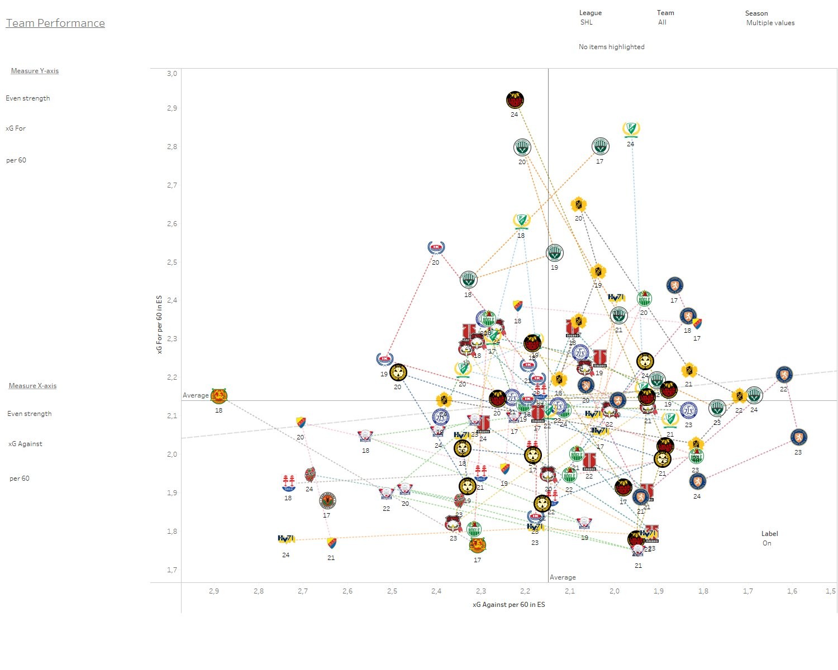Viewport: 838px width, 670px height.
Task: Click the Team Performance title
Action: (55, 23)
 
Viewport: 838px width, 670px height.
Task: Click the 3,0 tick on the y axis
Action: (172, 73)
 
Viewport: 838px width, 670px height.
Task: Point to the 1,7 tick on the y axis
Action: (172, 569)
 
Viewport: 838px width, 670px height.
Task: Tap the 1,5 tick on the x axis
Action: (831, 591)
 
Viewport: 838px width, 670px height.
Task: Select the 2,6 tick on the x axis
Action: (347, 591)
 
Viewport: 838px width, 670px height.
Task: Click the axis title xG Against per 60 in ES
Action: (508, 604)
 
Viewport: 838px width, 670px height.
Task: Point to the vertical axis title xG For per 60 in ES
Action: (159, 324)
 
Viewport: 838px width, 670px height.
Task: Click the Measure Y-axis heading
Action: (35, 71)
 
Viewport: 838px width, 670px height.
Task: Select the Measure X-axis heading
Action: (32, 386)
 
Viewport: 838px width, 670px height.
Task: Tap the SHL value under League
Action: (586, 22)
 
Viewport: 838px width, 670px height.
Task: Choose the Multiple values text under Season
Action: (770, 23)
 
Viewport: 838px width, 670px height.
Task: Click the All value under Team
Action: (662, 22)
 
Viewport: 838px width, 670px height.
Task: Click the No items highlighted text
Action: (611, 47)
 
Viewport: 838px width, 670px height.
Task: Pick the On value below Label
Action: (766, 543)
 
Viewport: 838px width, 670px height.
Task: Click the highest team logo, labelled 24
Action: (515, 100)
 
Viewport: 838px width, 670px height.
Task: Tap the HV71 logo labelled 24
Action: (286, 539)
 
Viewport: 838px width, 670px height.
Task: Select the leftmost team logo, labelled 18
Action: (219, 396)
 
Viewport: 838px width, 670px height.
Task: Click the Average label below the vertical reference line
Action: (562, 577)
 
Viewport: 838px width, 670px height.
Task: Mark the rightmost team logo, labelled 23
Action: (799, 437)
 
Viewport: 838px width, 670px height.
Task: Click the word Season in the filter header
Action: (756, 13)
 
